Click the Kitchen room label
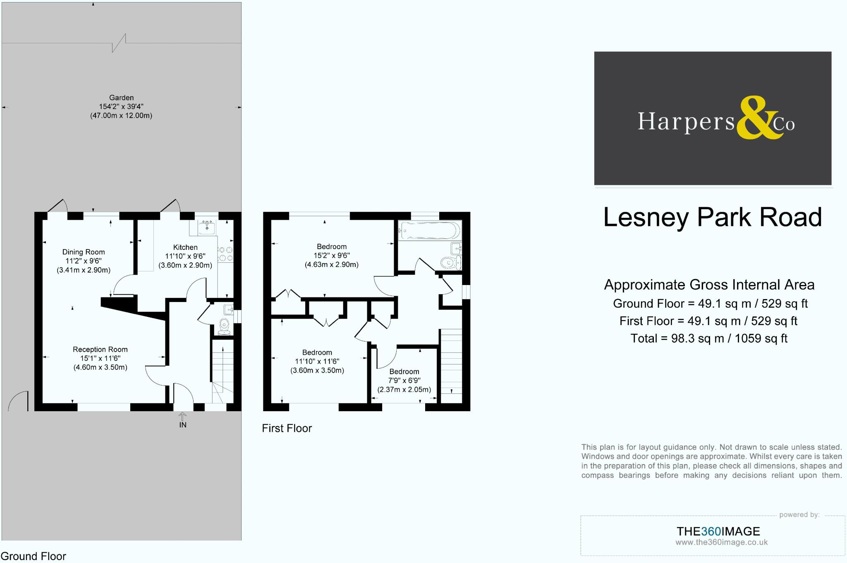pos(185,247)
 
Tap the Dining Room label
pos(84,252)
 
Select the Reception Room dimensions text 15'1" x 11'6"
pos(100,358)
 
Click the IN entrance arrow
pos(182,418)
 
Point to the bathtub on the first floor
pos(429,230)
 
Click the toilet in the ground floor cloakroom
pos(224,326)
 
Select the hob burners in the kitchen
pos(225,254)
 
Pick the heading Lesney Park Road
pos(712,218)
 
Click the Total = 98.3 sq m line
pos(708,338)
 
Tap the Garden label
pos(121,98)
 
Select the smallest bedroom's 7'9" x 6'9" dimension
pos(404,381)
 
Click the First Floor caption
pos(287,428)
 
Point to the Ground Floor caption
pos(33,556)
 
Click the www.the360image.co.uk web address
pos(721,542)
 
